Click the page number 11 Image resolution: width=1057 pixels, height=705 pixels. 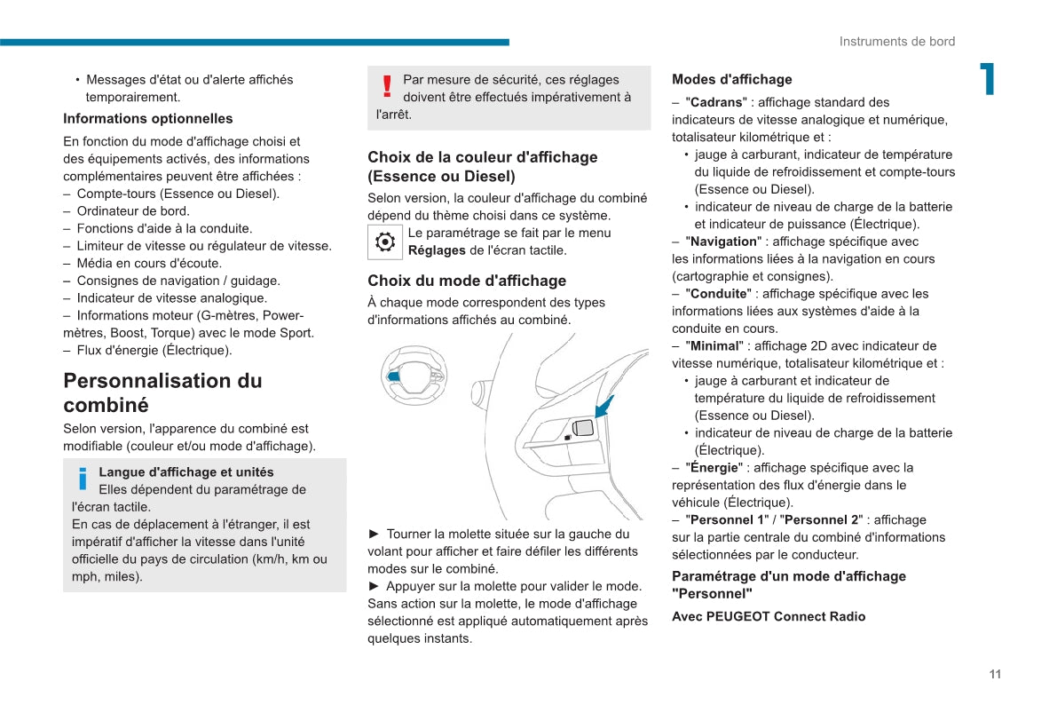pyautogui.click(x=995, y=674)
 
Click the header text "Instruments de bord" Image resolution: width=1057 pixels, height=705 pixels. pyautogui.click(x=897, y=42)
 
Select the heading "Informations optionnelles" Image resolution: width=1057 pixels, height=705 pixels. pyautogui.click(x=148, y=119)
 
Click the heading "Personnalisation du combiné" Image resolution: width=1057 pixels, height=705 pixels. pyautogui.click(x=162, y=392)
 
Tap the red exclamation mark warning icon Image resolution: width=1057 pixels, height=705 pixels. pyautogui.click(x=387, y=86)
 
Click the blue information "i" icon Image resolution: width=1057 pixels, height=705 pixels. pyautogui.click(x=83, y=479)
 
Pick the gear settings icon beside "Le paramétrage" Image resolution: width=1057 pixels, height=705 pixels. pyautogui.click(x=385, y=242)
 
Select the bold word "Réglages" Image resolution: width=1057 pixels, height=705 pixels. pyautogui.click(x=437, y=250)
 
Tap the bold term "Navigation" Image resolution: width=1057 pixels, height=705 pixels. pyautogui.click(x=724, y=242)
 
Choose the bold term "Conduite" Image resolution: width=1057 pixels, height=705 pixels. pyautogui.click(x=719, y=294)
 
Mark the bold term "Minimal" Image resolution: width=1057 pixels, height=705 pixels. pyautogui.click(x=714, y=346)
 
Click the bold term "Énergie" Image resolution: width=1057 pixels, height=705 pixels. pyautogui.click(x=714, y=468)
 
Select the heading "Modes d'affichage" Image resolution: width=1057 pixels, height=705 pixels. pyautogui.click(x=732, y=80)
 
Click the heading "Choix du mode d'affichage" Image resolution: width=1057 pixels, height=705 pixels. pyautogui.click(x=467, y=281)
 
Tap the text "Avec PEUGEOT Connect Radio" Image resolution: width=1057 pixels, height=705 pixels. pyautogui.click(x=769, y=616)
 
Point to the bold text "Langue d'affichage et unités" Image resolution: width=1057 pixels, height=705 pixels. pyautogui.click(x=186, y=472)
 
